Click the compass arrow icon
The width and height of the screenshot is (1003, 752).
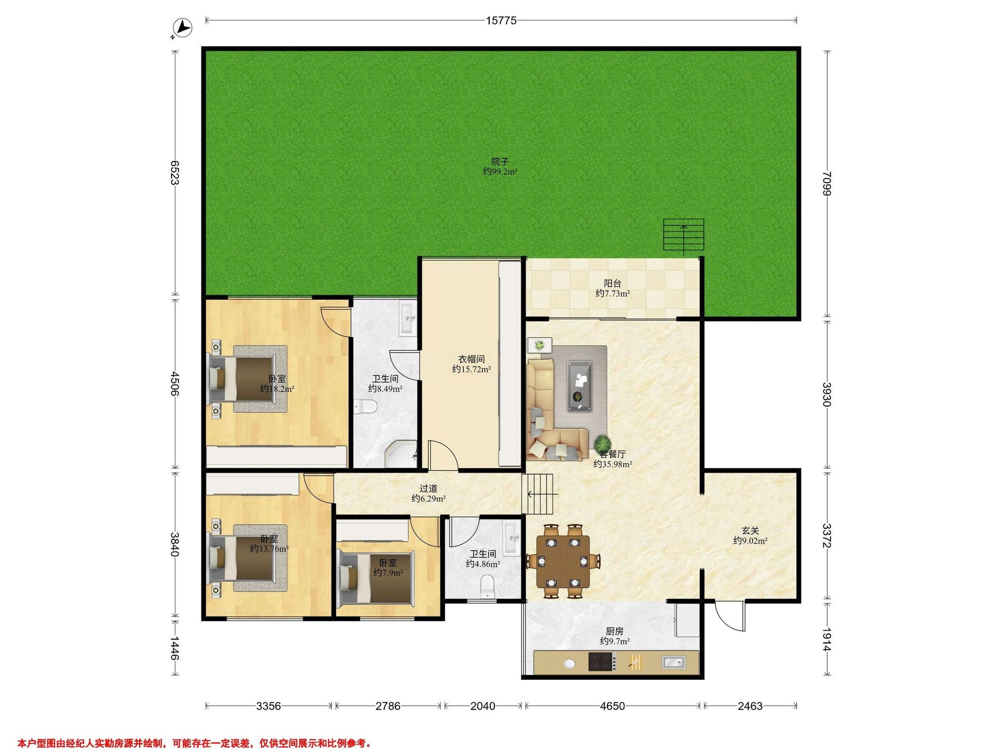[x=183, y=28]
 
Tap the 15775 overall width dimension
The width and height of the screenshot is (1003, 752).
[x=501, y=20]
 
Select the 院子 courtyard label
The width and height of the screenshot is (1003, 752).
[x=500, y=161]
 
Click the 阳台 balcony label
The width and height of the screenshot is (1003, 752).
[x=613, y=283]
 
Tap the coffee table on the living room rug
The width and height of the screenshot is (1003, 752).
[x=580, y=386]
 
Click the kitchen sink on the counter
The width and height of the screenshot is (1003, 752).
[x=674, y=662]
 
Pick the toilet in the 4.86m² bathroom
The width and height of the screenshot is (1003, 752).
[x=487, y=587]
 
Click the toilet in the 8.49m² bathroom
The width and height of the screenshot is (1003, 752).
[x=365, y=406]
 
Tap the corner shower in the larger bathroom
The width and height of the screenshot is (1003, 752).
[x=401, y=454]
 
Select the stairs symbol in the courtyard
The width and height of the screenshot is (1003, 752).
[x=684, y=235]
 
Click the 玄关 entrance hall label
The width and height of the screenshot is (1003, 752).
[x=751, y=530]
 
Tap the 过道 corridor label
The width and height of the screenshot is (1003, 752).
[x=428, y=488]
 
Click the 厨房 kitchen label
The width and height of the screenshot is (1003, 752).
[x=615, y=631]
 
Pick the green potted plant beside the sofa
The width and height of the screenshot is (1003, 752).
[x=603, y=442]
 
